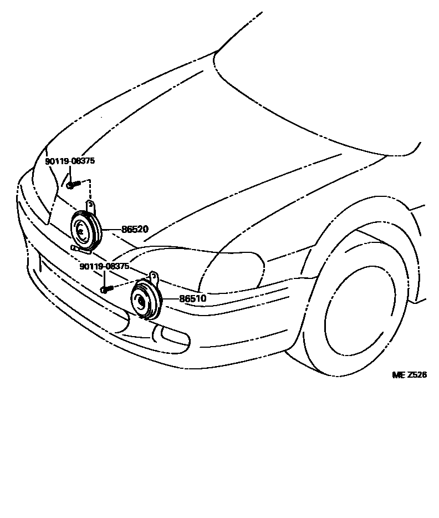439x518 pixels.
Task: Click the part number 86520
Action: [135, 228]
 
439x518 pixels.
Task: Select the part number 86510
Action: [192, 299]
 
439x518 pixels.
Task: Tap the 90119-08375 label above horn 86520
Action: [70, 161]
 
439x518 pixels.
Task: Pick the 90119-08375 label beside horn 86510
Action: [104, 267]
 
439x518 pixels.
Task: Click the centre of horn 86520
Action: [83, 229]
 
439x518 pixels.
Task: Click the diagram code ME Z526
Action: [409, 375]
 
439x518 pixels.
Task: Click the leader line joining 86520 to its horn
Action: [111, 228]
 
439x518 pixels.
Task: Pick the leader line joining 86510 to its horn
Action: [170, 299]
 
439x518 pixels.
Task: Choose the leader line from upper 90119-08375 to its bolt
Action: [70, 173]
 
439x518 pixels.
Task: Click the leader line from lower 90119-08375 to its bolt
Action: [104, 279]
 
